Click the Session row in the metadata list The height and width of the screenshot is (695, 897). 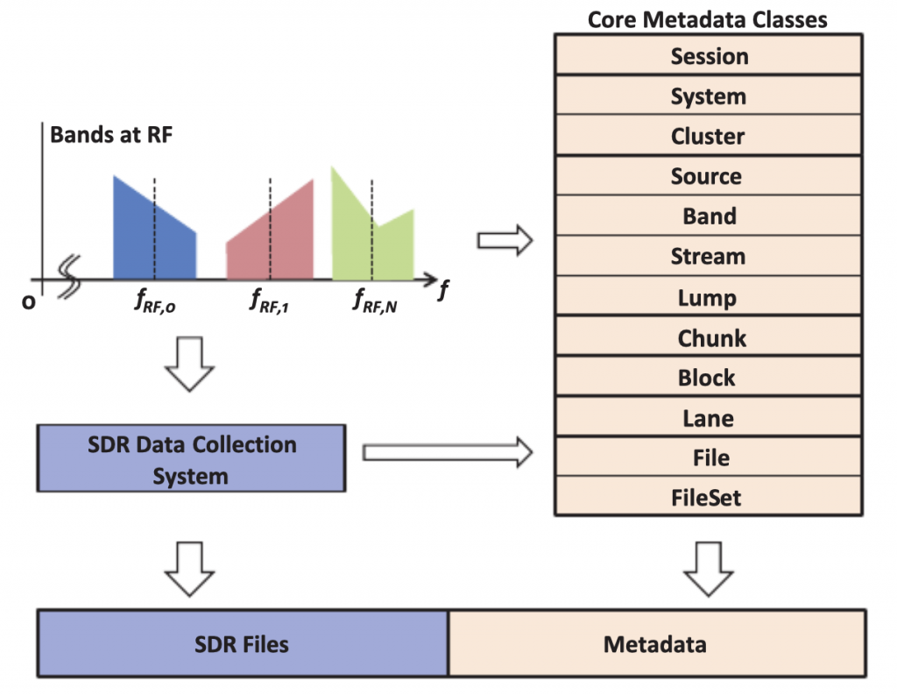click(710, 56)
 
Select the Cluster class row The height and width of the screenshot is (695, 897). click(710, 137)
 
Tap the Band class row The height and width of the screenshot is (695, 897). click(710, 216)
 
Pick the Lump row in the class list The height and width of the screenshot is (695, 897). click(710, 297)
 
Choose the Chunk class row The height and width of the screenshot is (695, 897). click(710, 337)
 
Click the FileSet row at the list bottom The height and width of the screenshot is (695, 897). click(710, 498)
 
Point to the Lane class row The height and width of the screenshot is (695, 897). click(710, 418)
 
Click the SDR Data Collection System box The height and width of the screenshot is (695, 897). click(192, 459)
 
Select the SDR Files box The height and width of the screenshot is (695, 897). click(242, 645)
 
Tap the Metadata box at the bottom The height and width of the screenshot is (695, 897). click(655, 645)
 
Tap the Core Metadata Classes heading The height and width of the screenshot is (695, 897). click(708, 18)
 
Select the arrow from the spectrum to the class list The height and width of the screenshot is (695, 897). click(505, 239)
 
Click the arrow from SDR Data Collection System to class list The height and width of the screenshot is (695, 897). click(448, 452)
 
